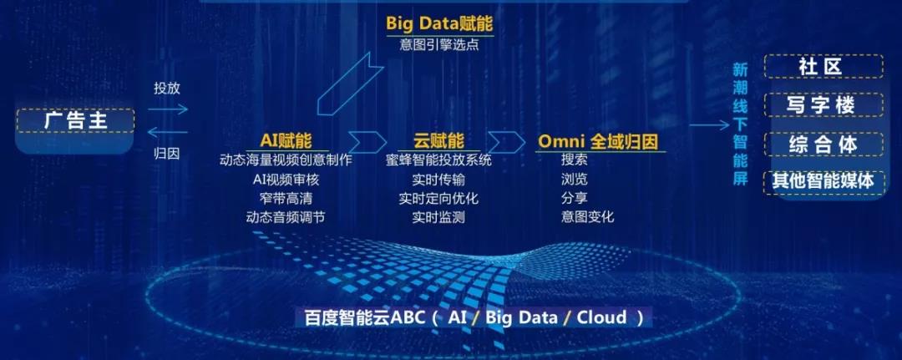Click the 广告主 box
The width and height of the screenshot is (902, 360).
click(76, 121)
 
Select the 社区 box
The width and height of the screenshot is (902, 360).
click(823, 66)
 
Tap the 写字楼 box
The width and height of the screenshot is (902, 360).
click(823, 104)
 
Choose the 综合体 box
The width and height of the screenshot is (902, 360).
click(823, 144)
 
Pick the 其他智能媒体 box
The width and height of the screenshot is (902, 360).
click(823, 181)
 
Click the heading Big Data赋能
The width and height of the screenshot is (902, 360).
click(439, 25)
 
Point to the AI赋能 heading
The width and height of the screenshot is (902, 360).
click(286, 140)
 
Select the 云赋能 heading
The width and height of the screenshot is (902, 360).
click(438, 140)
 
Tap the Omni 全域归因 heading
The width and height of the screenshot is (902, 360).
click(598, 141)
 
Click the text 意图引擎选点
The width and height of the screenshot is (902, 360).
click(439, 44)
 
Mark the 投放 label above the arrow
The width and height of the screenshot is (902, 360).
click(167, 89)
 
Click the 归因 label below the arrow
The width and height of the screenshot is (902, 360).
click(167, 154)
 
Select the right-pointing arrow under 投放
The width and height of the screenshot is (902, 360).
click(167, 109)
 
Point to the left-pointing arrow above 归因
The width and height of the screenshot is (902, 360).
click(167, 133)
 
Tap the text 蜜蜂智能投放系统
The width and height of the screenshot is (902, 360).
click(438, 160)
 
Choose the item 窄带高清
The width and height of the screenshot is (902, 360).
click(286, 199)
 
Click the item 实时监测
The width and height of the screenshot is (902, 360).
click(438, 217)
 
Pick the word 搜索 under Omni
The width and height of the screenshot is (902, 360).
click(574, 160)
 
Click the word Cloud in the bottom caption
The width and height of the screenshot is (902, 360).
click(601, 317)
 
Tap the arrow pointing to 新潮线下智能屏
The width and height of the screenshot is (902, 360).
click(709, 125)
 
